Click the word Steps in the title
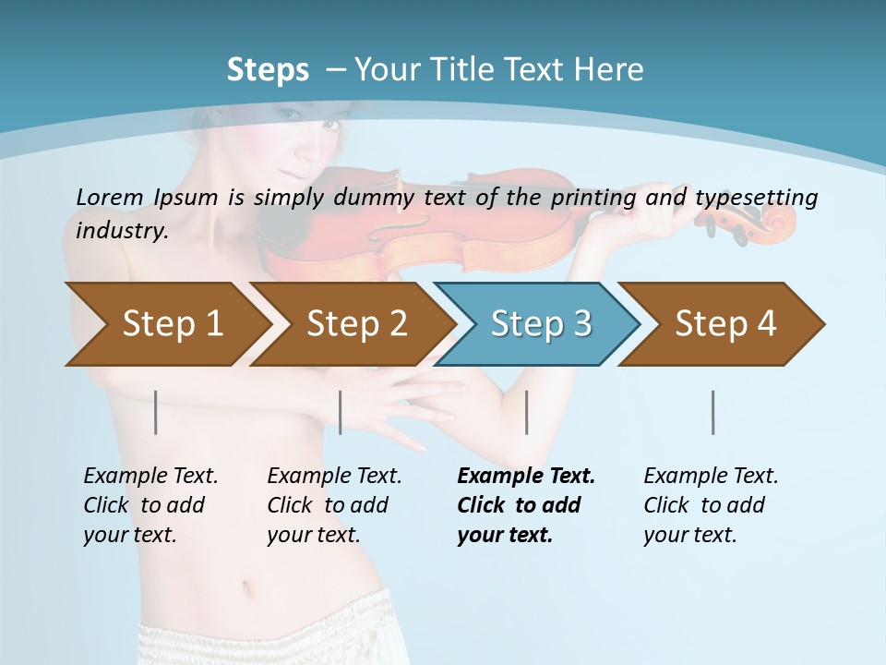tap(268, 70)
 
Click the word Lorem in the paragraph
tap(109, 197)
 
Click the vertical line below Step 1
tap(156, 412)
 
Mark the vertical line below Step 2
tap(341, 412)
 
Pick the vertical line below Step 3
tap(527, 412)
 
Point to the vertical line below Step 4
tap(713, 412)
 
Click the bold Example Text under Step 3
tap(526, 477)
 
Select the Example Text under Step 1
tap(150, 477)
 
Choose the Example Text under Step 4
tap(711, 477)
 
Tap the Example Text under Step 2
tap(334, 477)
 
